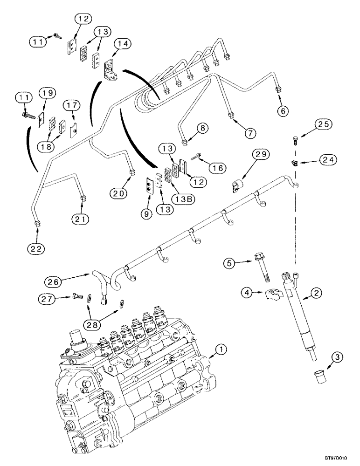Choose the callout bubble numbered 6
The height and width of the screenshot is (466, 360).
click(x=283, y=111)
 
